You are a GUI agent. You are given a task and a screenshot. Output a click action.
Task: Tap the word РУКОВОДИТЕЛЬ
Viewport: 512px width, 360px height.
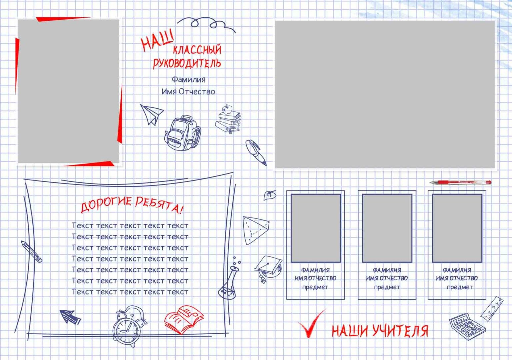(187, 63)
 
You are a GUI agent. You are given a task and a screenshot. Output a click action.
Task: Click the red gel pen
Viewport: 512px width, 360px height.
(460, 182)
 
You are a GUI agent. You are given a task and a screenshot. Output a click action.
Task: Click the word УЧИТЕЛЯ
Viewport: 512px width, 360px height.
(400, 331)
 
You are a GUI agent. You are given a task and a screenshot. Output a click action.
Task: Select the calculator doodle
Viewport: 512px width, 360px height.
(467, 326)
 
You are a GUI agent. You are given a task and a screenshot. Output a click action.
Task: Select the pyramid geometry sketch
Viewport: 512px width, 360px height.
(256, 230)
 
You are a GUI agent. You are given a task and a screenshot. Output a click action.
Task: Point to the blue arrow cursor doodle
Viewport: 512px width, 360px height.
(70, 316)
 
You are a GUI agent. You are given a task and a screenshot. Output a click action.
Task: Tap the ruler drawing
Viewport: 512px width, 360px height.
(492, 309)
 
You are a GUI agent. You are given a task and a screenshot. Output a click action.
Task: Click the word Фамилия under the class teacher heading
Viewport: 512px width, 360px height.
(189, 80)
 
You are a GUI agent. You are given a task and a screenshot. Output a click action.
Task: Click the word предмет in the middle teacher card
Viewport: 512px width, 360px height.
(387, 287)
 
